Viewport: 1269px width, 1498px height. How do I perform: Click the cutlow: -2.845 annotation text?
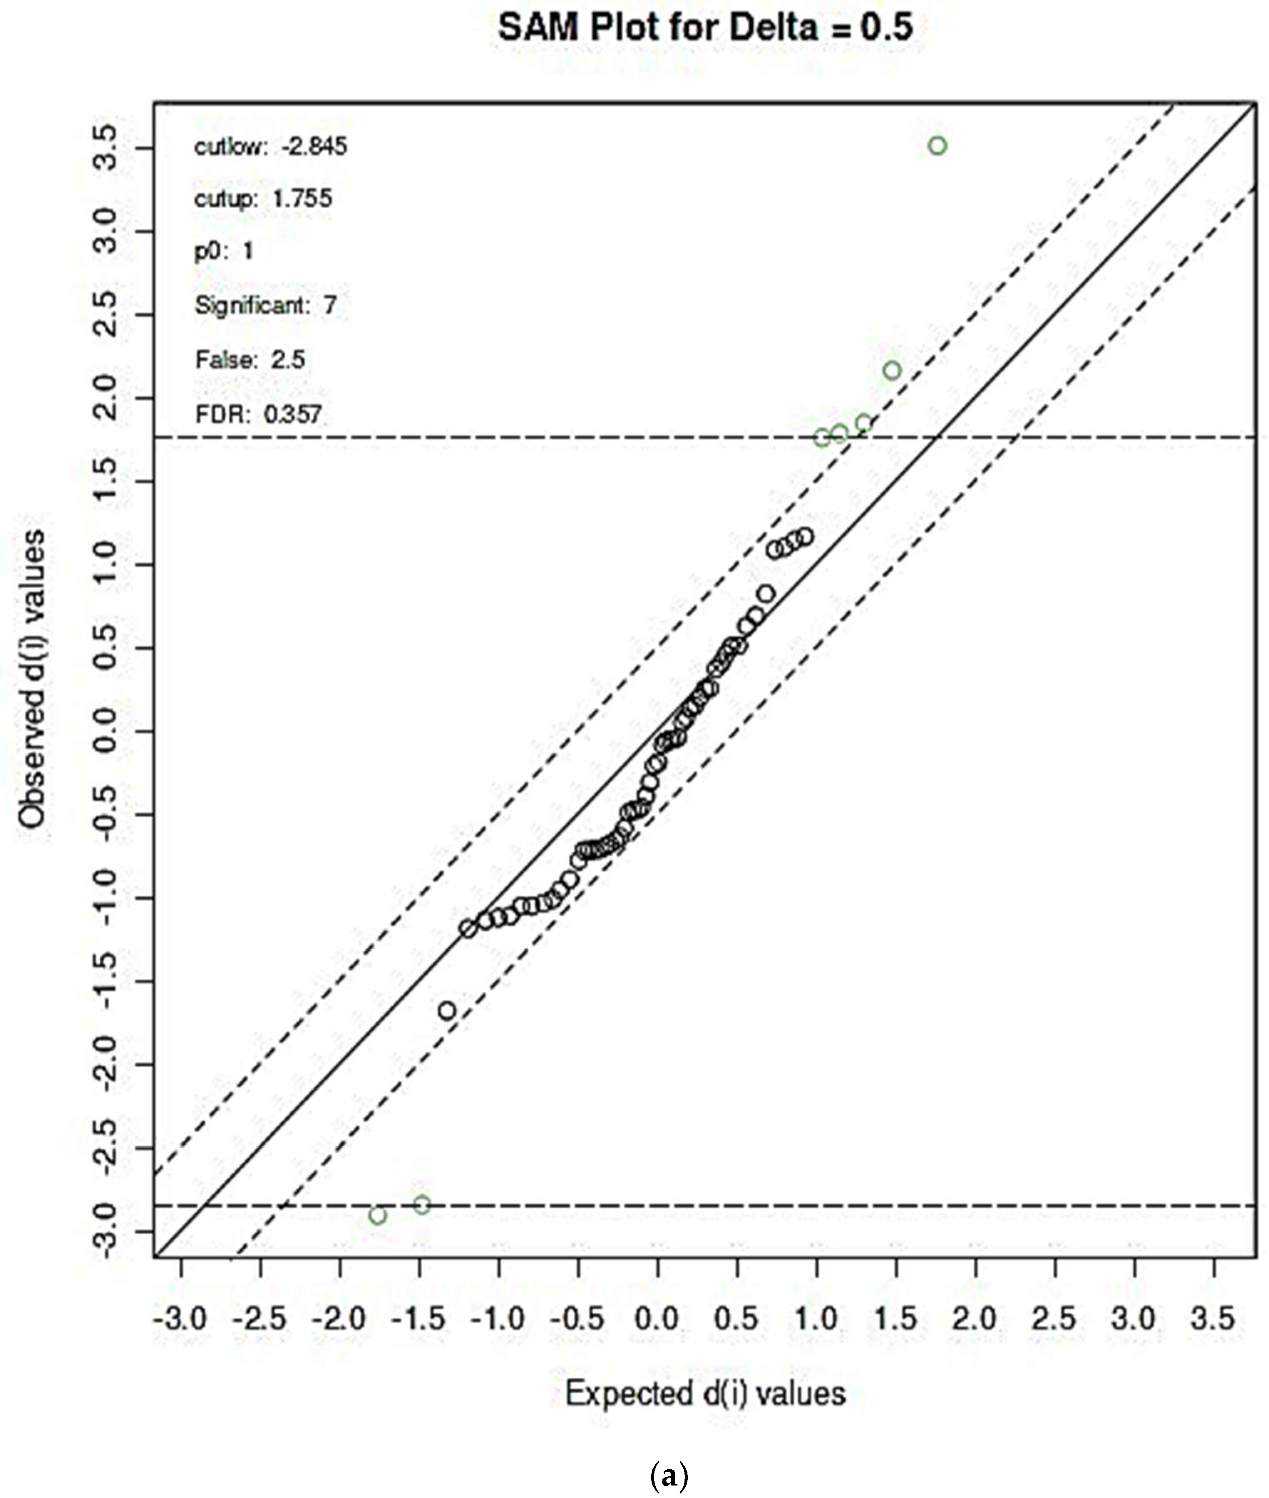point(270,147)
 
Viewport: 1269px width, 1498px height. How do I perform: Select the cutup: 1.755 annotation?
point(263,198)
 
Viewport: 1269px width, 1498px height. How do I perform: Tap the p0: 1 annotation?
point(224,251)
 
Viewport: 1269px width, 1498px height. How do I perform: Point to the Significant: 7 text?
point(265,306)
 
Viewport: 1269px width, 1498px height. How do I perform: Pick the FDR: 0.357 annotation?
point(258,414)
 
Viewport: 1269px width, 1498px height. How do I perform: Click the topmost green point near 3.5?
point(937,146)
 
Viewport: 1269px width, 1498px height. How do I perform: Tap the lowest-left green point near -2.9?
point(378,1216)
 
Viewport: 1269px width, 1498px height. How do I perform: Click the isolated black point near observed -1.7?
point(447,1011)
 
